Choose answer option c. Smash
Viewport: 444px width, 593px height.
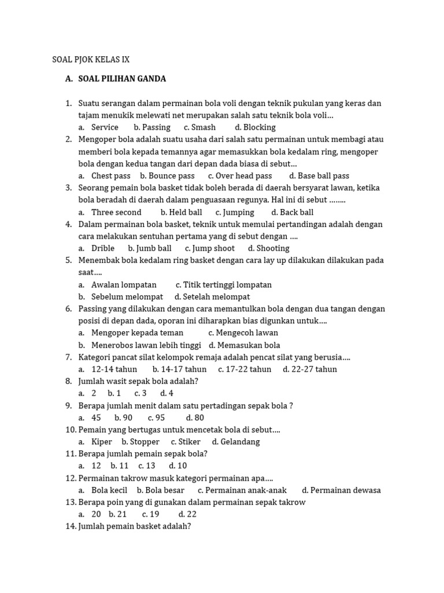pos(199,127)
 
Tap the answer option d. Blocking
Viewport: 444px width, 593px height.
pos(255,127)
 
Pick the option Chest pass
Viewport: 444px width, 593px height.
pos(110,175)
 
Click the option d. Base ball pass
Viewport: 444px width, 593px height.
pos(319,175)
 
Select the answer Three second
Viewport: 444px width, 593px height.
pos(116,212)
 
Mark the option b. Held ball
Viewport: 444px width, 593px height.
pos(181,212)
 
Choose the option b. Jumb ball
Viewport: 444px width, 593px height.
pos(149,248)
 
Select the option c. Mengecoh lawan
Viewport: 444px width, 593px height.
pos(243,332)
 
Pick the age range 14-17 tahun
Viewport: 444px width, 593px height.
pos(179,369)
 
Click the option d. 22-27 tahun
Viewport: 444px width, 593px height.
pos(309,369)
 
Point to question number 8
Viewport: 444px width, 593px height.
pos(68,381)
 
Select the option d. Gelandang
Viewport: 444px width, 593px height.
pos(235,442)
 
